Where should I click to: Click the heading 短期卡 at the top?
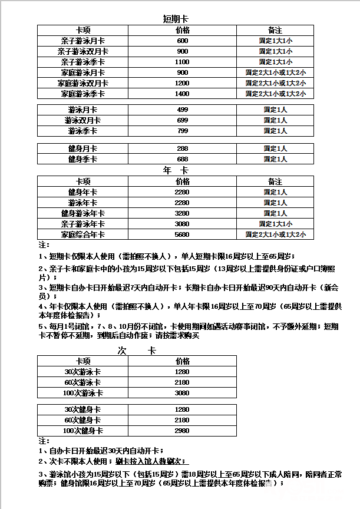(x=175, y=19)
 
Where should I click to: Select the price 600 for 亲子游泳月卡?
(x=182, y=41)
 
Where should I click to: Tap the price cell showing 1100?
(x=182, y=62)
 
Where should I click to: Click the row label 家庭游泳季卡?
(x=82, y=94)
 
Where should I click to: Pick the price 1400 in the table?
(x=182, y=94)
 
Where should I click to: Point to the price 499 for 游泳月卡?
(x=182, y=110)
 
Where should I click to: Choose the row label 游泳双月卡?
(x=82, y=120)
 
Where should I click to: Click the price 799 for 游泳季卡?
(x=182, y=131)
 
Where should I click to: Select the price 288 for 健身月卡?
(x=182, y=148)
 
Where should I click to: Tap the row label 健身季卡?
(x=82, y=159)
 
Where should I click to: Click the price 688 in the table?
(x=182, y=159)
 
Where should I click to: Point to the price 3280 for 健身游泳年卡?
(x=182, y=213)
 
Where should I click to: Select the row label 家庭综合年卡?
(x=82, y=234)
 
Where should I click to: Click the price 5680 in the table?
(x=182, y=234)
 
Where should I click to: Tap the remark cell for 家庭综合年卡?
(x=275, y=234)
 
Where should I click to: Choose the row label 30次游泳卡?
(x=82, y=372)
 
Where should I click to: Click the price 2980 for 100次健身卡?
(x=182, y=431)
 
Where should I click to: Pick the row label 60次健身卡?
(x=82, y=420)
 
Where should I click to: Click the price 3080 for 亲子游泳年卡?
(x=182, y=224)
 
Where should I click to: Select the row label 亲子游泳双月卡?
(x=82, y=51)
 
